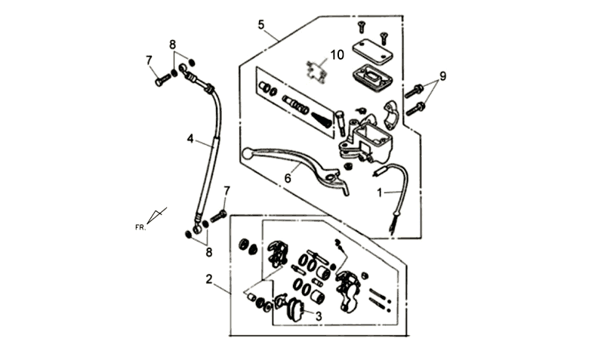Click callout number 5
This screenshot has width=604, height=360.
point(261,25)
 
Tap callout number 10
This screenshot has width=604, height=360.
point(337,55)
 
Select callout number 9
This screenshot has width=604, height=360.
point(443,76)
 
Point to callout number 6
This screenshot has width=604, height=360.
point(288,179)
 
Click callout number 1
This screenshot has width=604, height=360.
point(380,192)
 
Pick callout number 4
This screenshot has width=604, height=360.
point(190,139)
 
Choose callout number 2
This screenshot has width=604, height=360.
point(209,279)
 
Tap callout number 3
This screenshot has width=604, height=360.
point(319,316)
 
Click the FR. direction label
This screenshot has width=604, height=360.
point(140,228)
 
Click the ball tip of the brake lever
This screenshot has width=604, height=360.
point(247,153)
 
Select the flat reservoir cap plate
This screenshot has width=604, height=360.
point(372,51)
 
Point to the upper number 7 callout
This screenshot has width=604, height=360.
point(149,60)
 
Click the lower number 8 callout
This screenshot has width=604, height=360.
point(209,253)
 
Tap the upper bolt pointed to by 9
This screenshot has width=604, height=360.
point(414,91)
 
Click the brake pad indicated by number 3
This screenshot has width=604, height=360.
point(295,309)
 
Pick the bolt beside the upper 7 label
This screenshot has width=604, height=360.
point(162,80)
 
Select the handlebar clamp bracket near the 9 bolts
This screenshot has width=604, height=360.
point(390,115)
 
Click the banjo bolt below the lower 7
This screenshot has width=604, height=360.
point(218,216)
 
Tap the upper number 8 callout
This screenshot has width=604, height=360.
point(173,45)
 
